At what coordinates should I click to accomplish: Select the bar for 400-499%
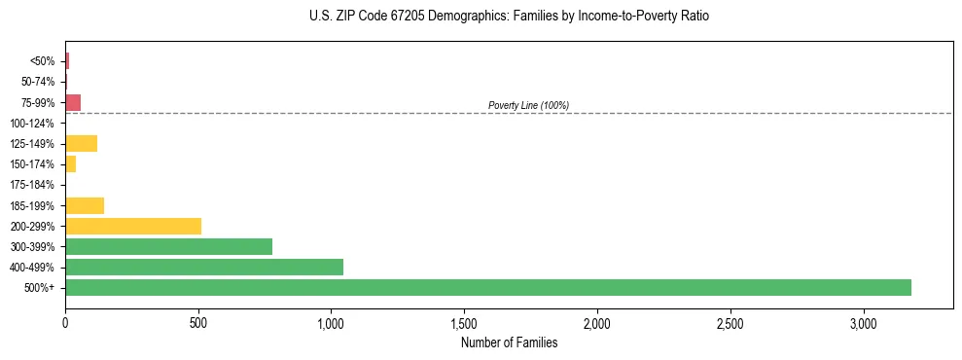[204, 267]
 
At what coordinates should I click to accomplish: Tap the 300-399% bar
[168, 246]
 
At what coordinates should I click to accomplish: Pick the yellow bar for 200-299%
[133, 226]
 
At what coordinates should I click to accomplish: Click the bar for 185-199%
[85, 205]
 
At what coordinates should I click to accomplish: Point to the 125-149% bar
[81, 144]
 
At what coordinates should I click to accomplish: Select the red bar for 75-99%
[73, 102]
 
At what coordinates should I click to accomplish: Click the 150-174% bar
[70, 164]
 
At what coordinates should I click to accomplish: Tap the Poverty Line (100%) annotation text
[528, 105]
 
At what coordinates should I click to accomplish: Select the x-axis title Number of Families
[510, 342]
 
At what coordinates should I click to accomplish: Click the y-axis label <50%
[43, 61]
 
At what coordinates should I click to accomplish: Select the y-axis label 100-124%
[32, 124]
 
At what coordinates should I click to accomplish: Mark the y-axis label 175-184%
[32, 185]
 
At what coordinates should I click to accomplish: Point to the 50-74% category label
[37, 82]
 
